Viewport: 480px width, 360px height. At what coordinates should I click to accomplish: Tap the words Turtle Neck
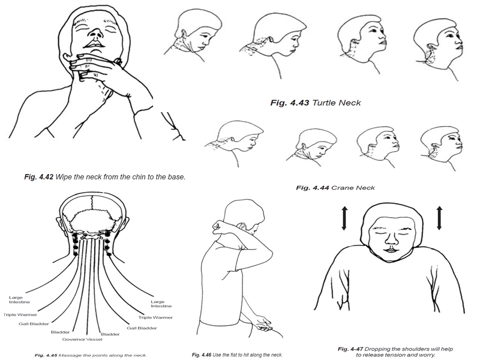(337, 103)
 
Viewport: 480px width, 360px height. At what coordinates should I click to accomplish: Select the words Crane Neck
(353, 188)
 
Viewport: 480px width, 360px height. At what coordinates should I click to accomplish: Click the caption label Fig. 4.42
(39, 177)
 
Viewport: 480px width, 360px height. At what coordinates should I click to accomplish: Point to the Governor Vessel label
(82, 339)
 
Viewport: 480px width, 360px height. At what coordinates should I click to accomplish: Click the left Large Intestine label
(20, 299)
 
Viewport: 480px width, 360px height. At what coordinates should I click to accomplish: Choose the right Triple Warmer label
(155, 317)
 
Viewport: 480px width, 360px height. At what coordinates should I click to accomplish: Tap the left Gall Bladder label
(34, 323)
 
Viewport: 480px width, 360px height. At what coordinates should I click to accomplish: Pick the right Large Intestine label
(161, 304)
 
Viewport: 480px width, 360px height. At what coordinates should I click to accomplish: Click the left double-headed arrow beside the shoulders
(344, 218)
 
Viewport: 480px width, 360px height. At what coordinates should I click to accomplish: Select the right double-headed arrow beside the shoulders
(439, 218)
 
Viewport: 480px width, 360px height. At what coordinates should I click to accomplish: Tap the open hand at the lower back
(263, 325)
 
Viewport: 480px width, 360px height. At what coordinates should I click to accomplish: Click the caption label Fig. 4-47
(350, 349)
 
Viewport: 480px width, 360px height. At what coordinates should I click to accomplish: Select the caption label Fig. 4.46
(202, 355)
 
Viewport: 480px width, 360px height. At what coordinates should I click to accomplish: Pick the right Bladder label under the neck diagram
(110, 334)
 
